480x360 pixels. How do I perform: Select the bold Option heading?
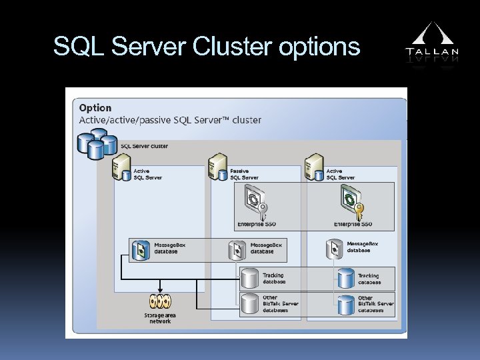[x=95, y=108]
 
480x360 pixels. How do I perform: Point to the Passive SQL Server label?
[x=244, y=174]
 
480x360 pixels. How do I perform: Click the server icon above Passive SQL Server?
[x=218, y=167]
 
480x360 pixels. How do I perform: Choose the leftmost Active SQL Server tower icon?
[x=121, y=167]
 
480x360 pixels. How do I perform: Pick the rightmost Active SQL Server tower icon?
[x=315, y=167]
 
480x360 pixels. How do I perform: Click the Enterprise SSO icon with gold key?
[x=349, y=201]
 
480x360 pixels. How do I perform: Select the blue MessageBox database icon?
[x=141, y=249]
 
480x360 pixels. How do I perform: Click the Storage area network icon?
[x=160, y=301]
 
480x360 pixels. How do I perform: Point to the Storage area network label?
[x=160, y=317]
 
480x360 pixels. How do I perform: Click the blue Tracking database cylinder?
[x=345, y=278]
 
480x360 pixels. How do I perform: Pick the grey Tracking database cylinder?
[x=249, y=278]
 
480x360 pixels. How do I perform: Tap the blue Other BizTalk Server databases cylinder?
[x=345, y=303]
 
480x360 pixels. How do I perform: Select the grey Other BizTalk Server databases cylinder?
[x=249, y=303]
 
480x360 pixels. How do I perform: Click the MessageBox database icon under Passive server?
[x=237, y=249]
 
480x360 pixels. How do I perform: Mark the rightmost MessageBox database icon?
[x=335, y=248]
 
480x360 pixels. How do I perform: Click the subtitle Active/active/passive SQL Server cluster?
[x=170, y=121]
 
